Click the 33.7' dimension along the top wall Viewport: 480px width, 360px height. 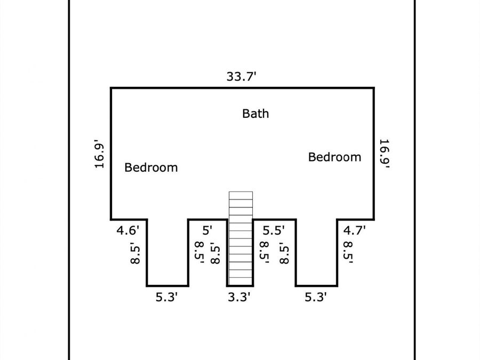click(242, 76)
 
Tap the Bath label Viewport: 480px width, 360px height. click(255, 114)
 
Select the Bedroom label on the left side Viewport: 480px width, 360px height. click(151, 167)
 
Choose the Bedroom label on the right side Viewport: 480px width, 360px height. click(334, 157)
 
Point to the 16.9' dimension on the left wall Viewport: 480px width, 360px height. click(99, 155)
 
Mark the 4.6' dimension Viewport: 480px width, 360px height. click(129, 230)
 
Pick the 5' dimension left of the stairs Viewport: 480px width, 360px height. click(207, 230)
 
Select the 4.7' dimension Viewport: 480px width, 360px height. click(354, 230)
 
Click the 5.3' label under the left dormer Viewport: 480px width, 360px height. click(166, 297)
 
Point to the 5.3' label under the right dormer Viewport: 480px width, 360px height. click(316, 297)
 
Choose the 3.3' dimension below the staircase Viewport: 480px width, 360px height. click(239, 297)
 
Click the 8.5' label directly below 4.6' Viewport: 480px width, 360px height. click(135, 254)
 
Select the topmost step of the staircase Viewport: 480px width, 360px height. click(241, 194)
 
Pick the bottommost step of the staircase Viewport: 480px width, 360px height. click(241, 281)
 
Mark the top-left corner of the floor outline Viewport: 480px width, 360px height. click(111, 88)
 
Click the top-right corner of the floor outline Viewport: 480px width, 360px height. click(373, 88)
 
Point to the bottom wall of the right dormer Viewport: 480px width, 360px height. click(316, 285)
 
